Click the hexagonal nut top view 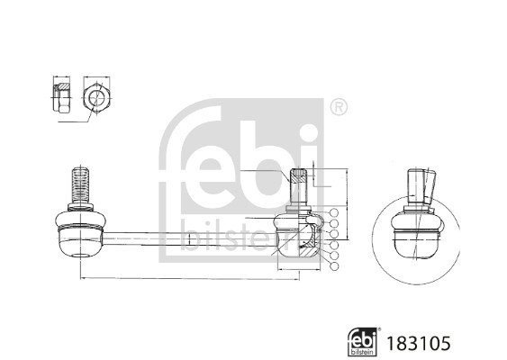tap(95, 96)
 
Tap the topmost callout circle tap(334, 212)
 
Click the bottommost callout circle tap(334, 267)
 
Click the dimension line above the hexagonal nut tap(95, 76)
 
